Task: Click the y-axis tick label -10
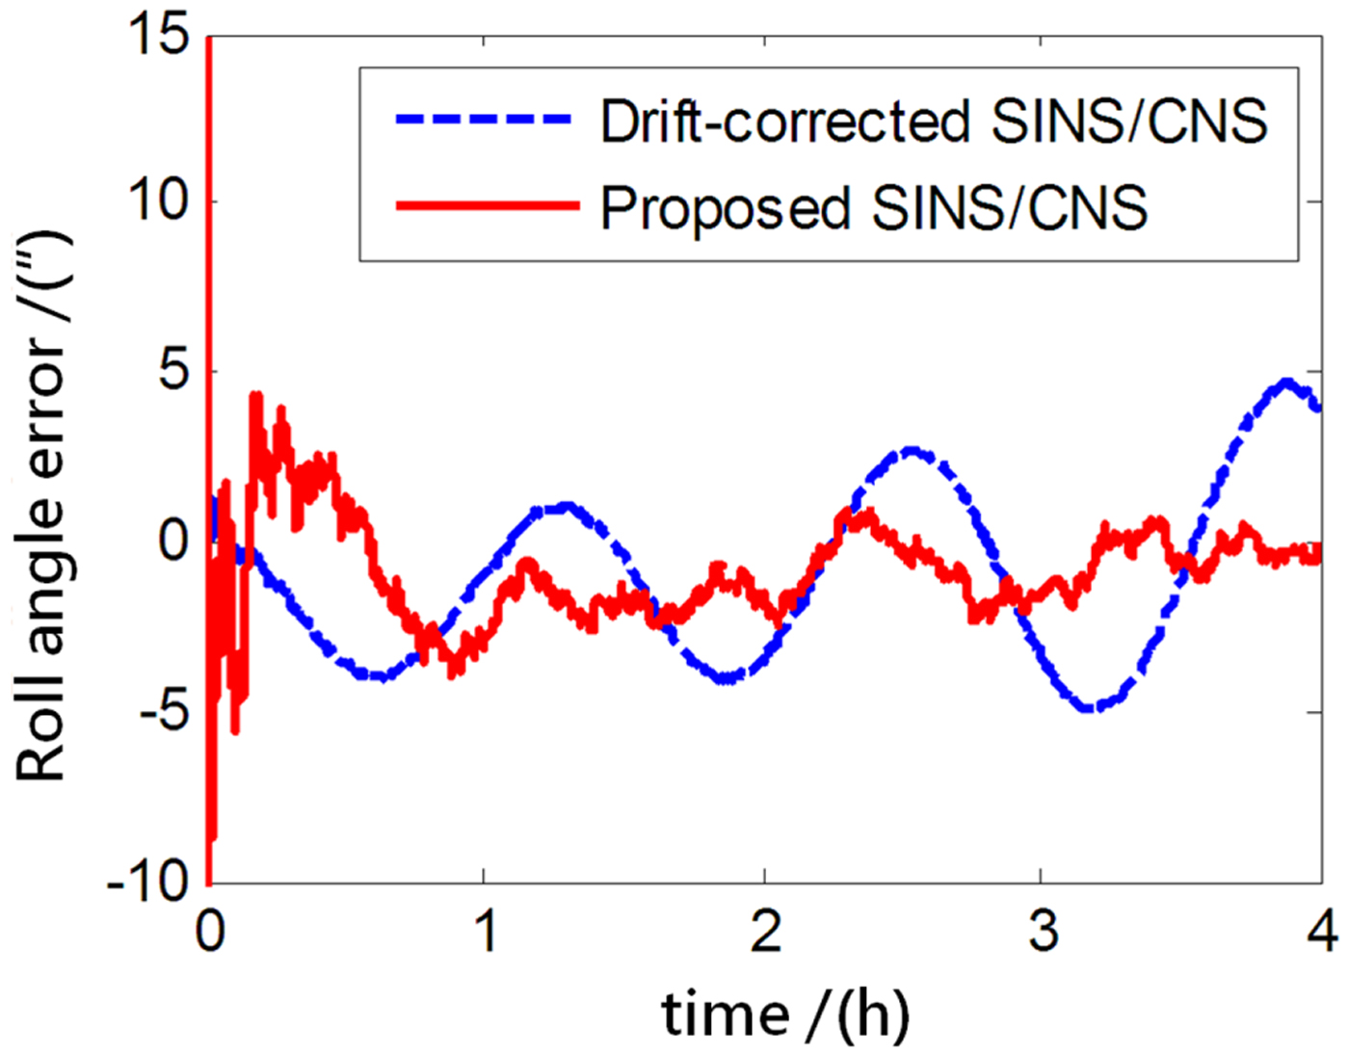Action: pyautogui.click(x=149, y=881)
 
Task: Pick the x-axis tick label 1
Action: pyautogui.click(x=484, y=932)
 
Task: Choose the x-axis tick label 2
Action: pyautogui.click(x=765, y=932)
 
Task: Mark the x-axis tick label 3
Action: pyautogui.click(x=1043, y=932)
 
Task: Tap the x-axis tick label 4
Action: pyautogui.click(x=1322, y=932)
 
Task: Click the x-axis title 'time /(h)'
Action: pyautogui.click(x=785, y=1015)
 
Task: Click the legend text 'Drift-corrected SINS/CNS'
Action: pyautogui.click(x=933, y=121)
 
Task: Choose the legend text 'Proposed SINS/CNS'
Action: pyautogui.click(x=874, y=206)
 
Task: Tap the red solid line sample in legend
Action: pyautogui.click(x=487, y=205)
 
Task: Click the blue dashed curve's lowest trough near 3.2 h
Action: pyautogui.click(x=1089, y=708)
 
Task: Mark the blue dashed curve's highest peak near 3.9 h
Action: pyautogui.click(x=1286, y=383)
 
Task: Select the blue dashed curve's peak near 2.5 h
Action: pyautogui.click(x=911, y=451)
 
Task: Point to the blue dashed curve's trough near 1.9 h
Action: pyautogui.click(x=727, y=679)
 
